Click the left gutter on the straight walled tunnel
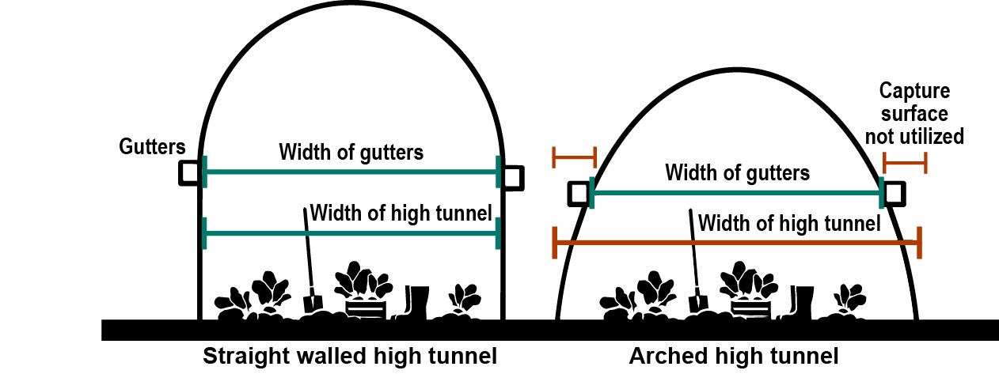(x=189, y=172)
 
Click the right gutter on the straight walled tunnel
(x=512, y=176)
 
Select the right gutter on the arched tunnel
(x=895, y=192)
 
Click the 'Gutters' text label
(x=152, y=146)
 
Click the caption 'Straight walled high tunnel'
(x=350, y=357)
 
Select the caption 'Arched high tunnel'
(x=733, y=357)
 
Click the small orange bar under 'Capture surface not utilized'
(x=904, y=164)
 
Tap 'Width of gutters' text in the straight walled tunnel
(x=351, y=153)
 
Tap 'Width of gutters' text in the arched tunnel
(x=737, y=172)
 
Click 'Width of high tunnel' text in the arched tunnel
(x=789, y=223)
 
